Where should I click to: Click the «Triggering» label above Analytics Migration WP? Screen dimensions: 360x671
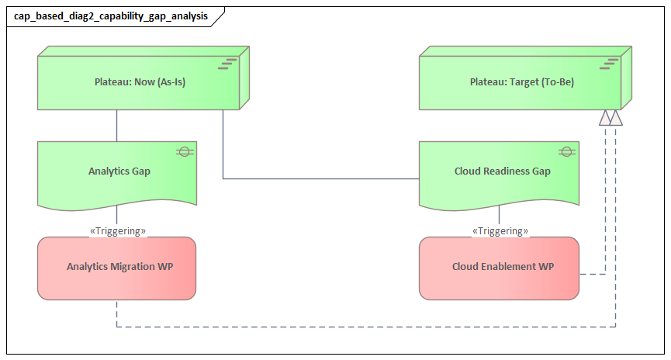[x=118, y=231]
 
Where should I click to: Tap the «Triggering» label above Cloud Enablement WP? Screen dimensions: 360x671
[x=500, y=231]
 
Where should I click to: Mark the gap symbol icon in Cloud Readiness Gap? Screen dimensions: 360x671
[x=566, y=151]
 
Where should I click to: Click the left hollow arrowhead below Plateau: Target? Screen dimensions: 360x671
[x=604, y=117]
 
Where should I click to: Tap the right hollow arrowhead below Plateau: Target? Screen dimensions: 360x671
[x=616, y=117]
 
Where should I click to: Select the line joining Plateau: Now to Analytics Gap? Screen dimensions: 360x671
[x=117, y=125]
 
